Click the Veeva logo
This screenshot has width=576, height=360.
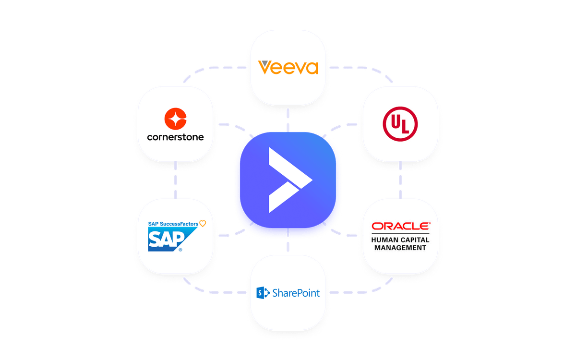288,67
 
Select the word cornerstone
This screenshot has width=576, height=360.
175,137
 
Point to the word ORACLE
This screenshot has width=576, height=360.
400,226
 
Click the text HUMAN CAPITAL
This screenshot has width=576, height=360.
400,240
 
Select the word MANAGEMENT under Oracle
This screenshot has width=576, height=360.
400,248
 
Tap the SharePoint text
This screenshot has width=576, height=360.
295,293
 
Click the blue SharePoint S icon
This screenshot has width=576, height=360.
262,292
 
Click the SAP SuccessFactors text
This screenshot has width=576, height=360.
173,223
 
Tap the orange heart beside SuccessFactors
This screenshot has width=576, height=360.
203,223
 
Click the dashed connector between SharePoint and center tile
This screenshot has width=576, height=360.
288,246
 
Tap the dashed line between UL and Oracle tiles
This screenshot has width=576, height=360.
400,180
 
